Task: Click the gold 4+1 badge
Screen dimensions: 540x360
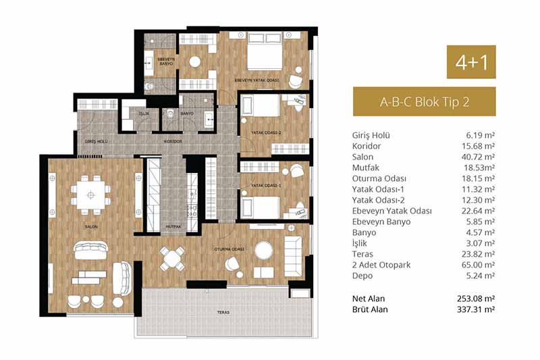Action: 471,62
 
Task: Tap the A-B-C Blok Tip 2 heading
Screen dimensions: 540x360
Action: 425,102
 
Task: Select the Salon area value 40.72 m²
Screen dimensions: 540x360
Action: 478,157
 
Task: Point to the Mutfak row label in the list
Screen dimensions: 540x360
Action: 365,168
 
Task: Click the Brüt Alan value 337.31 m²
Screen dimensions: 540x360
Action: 476,309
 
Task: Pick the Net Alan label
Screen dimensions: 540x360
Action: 369,299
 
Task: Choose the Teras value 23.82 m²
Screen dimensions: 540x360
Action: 478,254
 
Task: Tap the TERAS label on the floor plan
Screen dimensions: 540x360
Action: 223,313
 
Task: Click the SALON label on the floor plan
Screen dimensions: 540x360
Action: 91,227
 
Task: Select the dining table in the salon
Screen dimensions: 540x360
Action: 91,195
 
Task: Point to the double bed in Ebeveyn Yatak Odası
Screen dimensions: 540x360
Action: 265,51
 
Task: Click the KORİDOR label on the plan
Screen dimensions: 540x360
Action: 173,141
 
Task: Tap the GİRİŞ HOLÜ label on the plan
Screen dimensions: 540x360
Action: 97,141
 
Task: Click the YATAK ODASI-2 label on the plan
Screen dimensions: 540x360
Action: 266,132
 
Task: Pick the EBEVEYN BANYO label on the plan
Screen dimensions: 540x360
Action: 166,61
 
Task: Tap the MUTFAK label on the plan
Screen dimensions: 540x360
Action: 173,227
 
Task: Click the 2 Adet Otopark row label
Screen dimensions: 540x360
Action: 381,265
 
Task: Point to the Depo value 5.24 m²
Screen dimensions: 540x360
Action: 481,276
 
